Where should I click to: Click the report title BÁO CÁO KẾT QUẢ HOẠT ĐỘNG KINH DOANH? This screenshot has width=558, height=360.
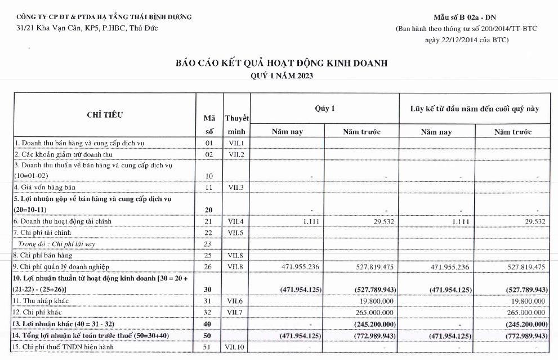pos(281,63)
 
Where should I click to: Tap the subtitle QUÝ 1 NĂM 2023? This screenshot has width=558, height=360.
pos(281,75)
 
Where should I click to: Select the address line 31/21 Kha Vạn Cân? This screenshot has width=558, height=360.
pos(87,28)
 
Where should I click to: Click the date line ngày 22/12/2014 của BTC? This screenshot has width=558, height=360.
pos(467,39)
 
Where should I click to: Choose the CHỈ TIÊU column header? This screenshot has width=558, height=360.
pos(105,115)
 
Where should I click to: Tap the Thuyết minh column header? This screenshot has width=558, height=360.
pos(237,125)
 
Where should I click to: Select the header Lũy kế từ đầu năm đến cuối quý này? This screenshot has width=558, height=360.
pos(474,109)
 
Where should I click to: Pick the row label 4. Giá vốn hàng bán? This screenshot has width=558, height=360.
pos(45,187)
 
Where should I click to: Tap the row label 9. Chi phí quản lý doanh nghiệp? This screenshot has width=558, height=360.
pos(62,266)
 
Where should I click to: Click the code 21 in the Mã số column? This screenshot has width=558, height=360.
pos(208,221)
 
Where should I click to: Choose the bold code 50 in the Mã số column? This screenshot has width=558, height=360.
pos(208,336)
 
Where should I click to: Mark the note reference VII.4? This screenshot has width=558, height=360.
pos(236,221)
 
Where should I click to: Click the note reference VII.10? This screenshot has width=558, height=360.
pos(236,347)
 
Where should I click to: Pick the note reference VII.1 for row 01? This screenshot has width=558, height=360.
pos(236,143)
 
